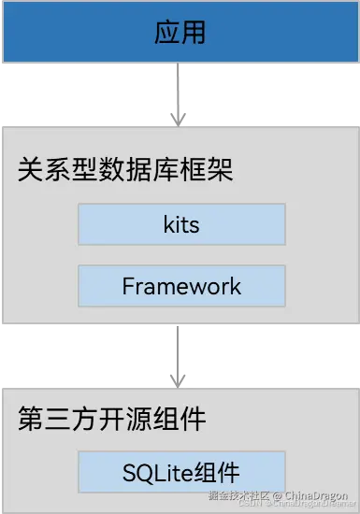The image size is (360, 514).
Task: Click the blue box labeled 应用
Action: click(x=180, y=35)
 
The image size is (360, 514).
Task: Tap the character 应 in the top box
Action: click(x=166, y=35)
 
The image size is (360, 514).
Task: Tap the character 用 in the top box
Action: click(x=193, y=35)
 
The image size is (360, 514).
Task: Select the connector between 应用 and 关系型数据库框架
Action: click(x=174, y=95)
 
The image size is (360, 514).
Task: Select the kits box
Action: click(x=180, y=225)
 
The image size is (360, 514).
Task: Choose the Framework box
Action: click(x=180, y=286)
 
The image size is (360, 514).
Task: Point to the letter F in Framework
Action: click(x=128, y=286)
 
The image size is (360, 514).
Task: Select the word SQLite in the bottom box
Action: click(x=153, y=471)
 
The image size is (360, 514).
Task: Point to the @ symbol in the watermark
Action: click(x=278, y=495)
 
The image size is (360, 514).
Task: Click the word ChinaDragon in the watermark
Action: click(x=315, y=495)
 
